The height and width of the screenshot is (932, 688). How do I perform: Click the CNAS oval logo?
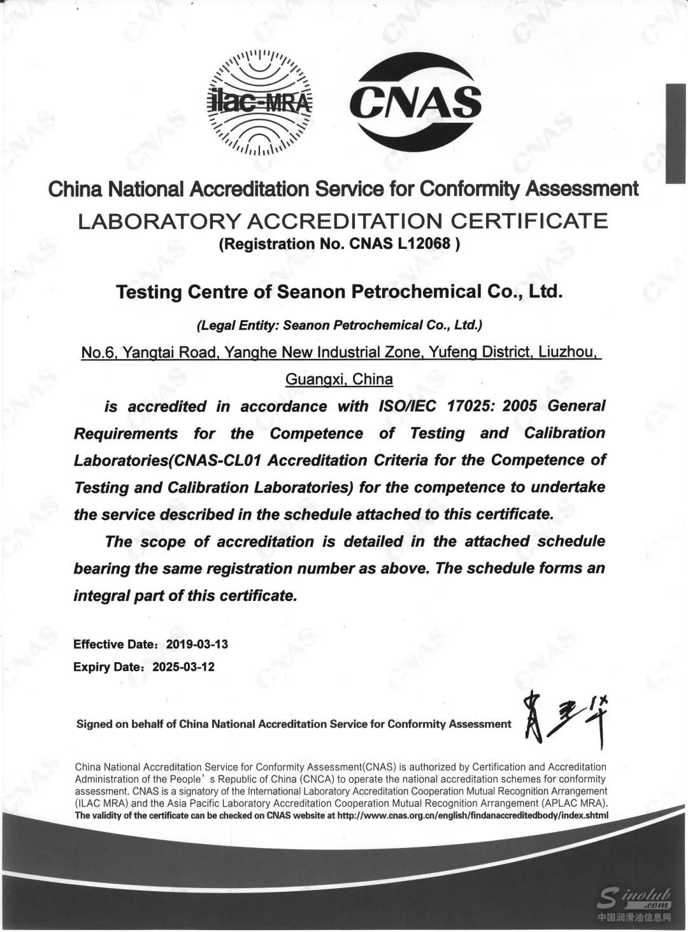click(x=415, y=102)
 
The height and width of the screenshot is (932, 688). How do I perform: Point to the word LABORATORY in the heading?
click(x=159, y=222)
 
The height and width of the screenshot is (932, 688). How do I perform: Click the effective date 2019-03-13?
click(x=197, y=644)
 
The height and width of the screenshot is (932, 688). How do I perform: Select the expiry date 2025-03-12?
click(x=183, y=667)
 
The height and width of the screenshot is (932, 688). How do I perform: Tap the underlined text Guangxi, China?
click(x=339, y=379)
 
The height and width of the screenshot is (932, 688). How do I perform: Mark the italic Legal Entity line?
click(x=339, y=325)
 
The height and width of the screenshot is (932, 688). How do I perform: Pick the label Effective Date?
click(x=114, y=644)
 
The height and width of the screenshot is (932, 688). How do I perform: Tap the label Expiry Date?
click(x=107, y=667)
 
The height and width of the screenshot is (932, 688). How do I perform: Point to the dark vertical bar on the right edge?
click(x=675, y=134)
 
